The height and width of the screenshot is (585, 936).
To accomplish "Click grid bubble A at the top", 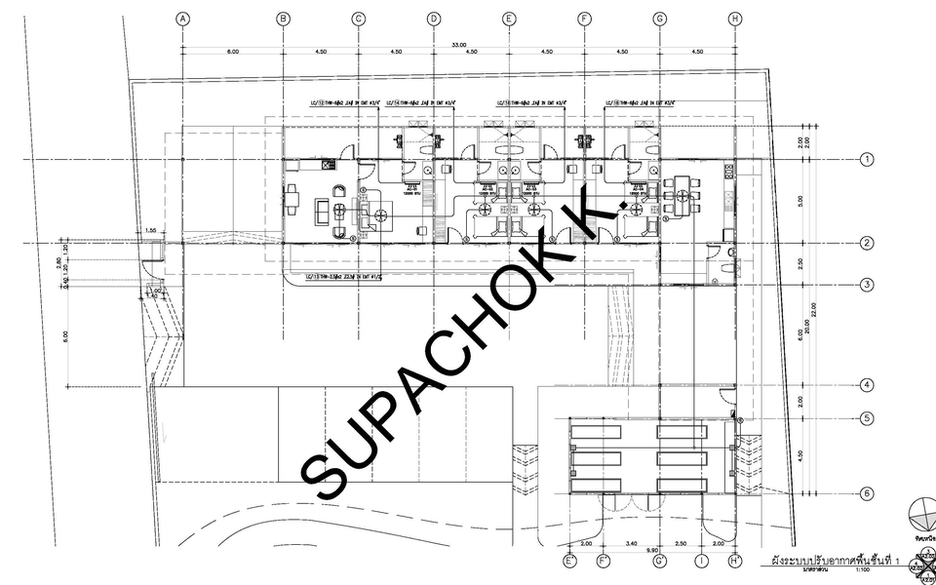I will click(182, 19).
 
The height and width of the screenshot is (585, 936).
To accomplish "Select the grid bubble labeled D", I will click(434, 19).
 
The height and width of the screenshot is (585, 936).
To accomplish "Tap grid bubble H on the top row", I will click(735, 19).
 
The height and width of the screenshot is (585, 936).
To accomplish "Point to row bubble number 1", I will click(866, 159).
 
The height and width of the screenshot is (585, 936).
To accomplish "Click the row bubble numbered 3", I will click(866, 285).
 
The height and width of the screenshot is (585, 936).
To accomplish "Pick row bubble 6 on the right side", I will click(866, 493).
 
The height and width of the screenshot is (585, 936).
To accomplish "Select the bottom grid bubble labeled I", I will click(702, 561).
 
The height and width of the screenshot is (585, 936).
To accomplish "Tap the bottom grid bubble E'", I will click(570, 561).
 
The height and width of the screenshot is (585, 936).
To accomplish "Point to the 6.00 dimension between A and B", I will click(233, 51).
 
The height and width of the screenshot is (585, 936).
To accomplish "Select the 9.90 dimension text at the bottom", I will click(650, 552).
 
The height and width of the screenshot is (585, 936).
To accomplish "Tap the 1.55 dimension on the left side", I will click(150, 230).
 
